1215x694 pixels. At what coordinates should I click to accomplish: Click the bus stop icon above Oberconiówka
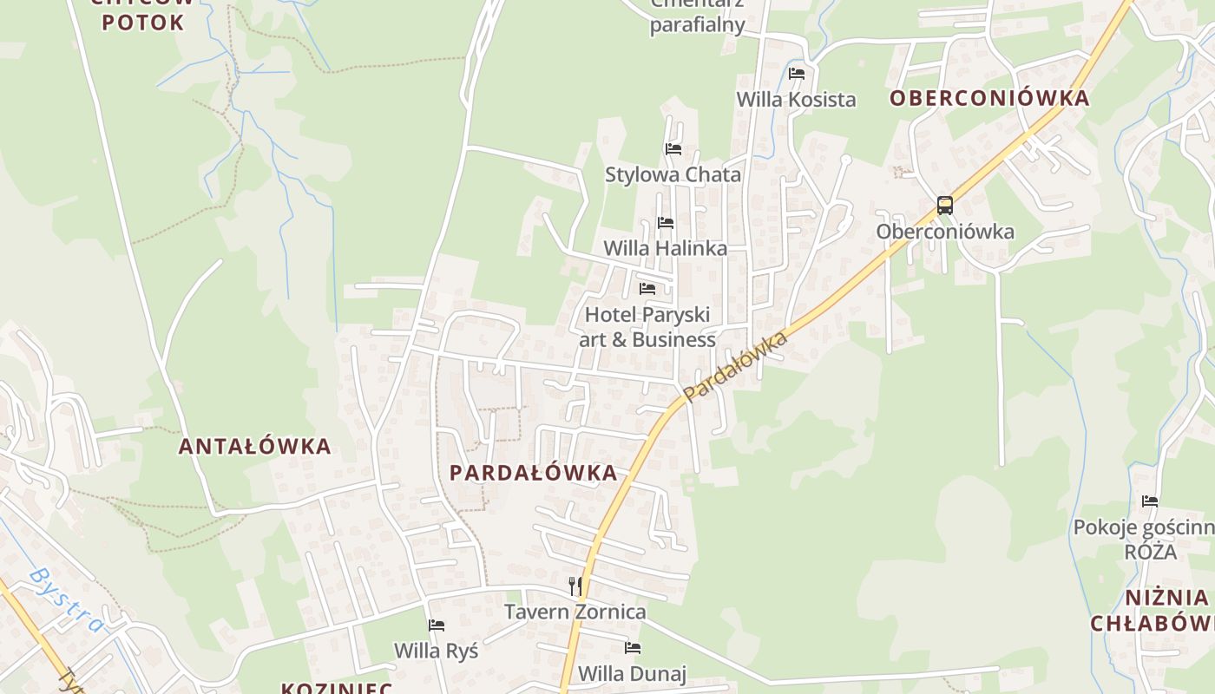tap(945, 206)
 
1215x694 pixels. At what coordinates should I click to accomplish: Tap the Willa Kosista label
tap(796, 99)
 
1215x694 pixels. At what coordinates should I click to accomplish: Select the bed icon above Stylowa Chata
tap(673, 148)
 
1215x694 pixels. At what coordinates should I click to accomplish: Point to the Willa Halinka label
tap(665, 248)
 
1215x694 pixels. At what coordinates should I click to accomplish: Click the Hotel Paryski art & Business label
tap(647, 327)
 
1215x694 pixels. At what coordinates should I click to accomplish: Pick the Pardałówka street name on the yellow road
tap(735, 365)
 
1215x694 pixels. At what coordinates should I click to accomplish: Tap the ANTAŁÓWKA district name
tap(255, 446)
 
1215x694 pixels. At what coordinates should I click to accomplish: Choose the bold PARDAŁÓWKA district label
tap(534, 473)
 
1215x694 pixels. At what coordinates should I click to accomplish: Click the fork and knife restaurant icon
tap(575, 586)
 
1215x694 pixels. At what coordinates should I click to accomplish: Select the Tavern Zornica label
tap(575, 612)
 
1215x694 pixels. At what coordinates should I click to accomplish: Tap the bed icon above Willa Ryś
tap(437, 625)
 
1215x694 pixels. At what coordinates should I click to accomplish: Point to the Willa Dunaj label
tap(632, 673)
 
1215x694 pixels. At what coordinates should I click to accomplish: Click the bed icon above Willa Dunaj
tap(633, 647)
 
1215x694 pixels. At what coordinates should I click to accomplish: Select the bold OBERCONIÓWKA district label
tap(989, 98)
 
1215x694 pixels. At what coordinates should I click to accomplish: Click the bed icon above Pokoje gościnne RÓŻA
tap(1150, 501)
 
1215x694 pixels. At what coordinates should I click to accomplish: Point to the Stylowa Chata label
tap(673, 174)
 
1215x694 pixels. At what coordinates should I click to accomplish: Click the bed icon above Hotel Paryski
tap(647, 288)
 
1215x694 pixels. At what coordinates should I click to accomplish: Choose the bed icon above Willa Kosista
tap(797, 73)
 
